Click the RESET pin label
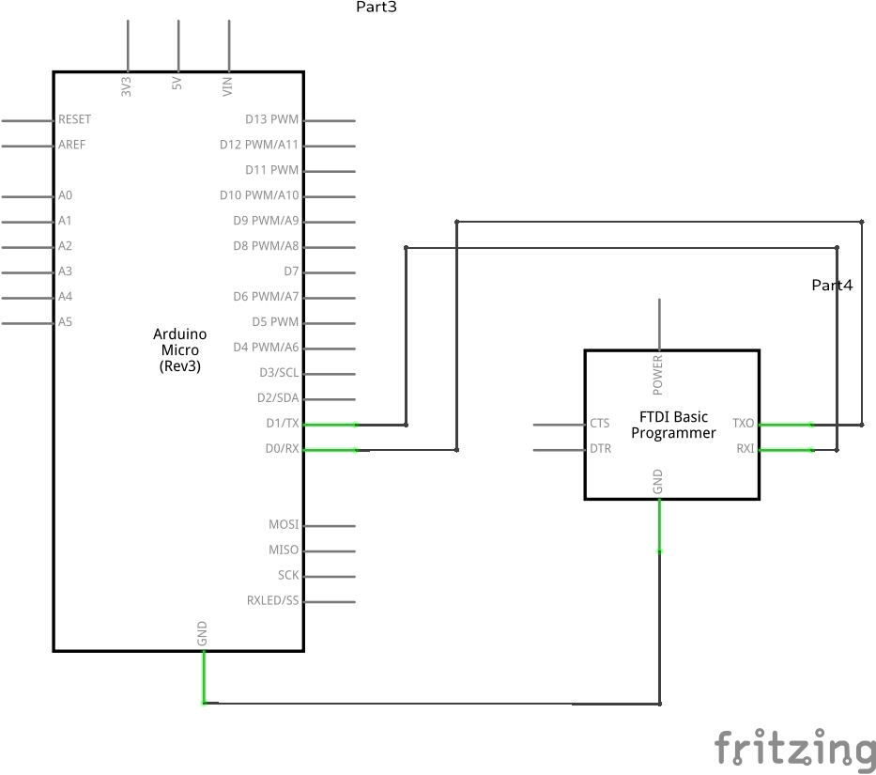74,120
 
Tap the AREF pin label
71,146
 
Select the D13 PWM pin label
271,120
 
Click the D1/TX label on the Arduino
282,424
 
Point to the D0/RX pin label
281,449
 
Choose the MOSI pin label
283,525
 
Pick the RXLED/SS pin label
272,601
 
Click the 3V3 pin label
127,86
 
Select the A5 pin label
65,322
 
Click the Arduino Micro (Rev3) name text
179,350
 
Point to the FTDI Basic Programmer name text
673,425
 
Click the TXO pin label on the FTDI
743,424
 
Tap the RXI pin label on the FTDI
745,449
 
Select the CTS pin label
599,424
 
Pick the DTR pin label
600,449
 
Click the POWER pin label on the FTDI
658,374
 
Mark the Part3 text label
376,8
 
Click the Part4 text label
832,285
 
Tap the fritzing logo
794,749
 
